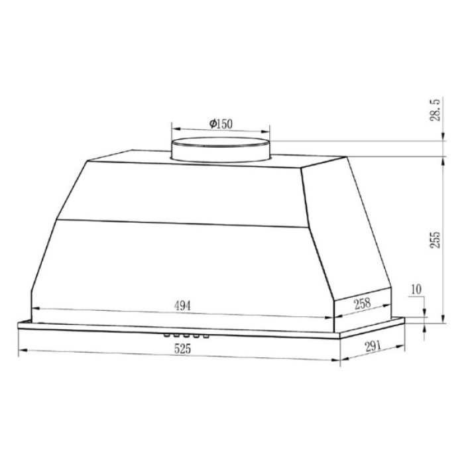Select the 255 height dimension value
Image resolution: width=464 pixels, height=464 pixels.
tap(435, 241)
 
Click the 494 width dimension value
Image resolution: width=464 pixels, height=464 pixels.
tap(182, 306)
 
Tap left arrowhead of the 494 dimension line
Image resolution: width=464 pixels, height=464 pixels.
tap(35, 309)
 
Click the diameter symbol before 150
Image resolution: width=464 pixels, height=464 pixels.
tap(211, 124)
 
